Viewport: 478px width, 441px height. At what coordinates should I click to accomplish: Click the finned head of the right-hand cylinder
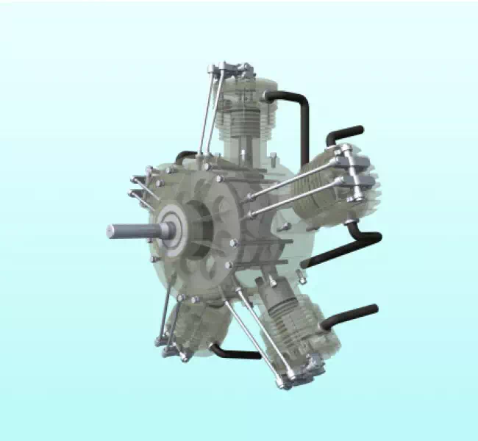pos(368,184)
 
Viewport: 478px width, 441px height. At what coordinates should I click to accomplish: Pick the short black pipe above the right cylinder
pos(344,135)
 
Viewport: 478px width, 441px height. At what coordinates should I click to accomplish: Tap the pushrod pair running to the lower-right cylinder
pos(254,331)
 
